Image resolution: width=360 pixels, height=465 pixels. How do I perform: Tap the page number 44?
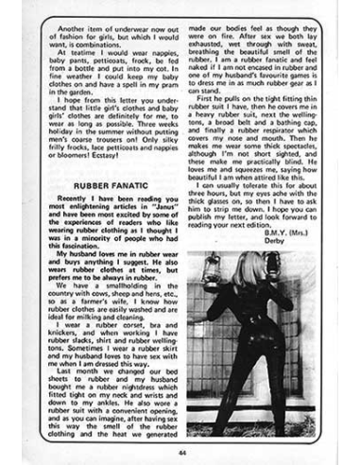coord(179,451)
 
